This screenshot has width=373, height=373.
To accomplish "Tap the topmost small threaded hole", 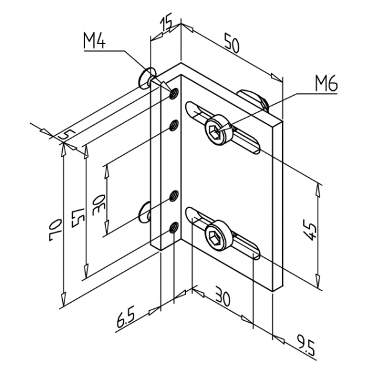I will point(174,95).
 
